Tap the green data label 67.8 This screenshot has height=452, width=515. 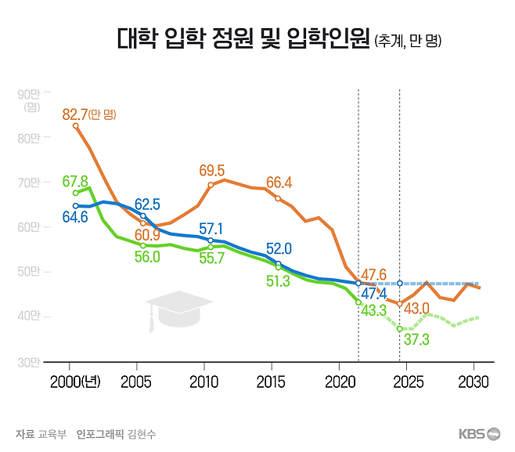(x=75, y=181)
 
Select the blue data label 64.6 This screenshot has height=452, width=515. (x=75, y=217)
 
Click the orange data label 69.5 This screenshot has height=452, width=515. (x=211, y=170)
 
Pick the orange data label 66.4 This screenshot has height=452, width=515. (x=279, y=183)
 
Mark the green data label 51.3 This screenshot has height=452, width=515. (x=279, y=281)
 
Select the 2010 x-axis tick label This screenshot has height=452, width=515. (x=204, y=382)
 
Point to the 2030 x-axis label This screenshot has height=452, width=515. (x=474, y=382)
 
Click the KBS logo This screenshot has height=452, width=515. (x=479, y=434)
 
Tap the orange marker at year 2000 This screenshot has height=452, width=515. (x=75, y=125)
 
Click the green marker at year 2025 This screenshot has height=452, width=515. (x=400, y=328)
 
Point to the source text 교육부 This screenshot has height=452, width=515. (x=54, y=434)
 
